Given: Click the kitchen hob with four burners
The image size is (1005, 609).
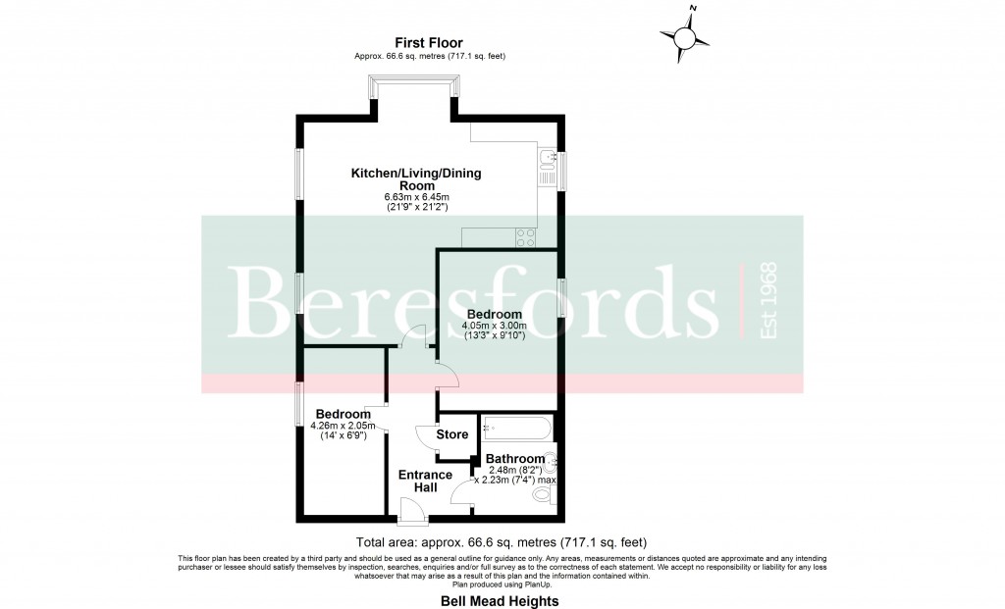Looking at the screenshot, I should click(525, 236).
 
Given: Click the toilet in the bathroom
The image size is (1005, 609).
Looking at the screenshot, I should click(542, 497).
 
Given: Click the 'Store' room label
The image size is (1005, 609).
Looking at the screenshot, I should click(452, 433).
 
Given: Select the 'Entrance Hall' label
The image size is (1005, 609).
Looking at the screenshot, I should click(425, 482).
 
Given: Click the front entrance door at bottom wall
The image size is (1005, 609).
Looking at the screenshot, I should click(412, 508).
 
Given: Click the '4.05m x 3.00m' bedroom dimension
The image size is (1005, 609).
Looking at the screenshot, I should click(496, 327).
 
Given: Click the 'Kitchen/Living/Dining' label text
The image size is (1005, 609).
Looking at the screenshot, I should click(416, 174).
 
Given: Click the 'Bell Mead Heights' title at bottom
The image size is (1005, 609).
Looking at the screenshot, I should click(502, 599).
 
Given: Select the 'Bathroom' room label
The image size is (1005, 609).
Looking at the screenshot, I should click(515, 459).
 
